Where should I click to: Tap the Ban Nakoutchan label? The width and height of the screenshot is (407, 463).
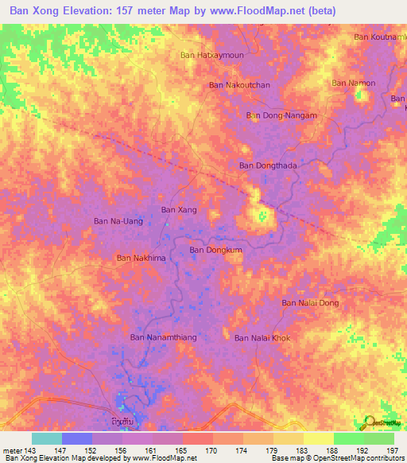(x=239, y=84)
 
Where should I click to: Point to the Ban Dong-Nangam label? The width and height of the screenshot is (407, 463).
(x=281, y=115)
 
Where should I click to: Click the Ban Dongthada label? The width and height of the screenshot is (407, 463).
(x=268, y=165)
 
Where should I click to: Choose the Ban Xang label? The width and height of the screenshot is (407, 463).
(x=179, y=210)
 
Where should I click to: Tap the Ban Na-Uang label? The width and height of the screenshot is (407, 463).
(x=118, y=221)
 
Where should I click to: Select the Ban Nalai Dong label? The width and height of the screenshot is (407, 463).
(x=311, y=303)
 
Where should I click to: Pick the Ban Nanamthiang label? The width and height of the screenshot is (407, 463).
(x=163, y=338)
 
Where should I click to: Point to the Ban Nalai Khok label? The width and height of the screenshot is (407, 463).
(x=262, y=338)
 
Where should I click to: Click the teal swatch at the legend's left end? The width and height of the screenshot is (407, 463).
(x=46, y=438)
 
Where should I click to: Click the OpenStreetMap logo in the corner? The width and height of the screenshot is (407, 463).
(x=380, y=422)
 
